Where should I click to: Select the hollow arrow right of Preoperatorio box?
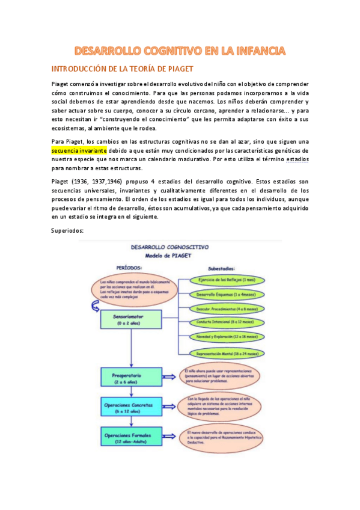[170, 378]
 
